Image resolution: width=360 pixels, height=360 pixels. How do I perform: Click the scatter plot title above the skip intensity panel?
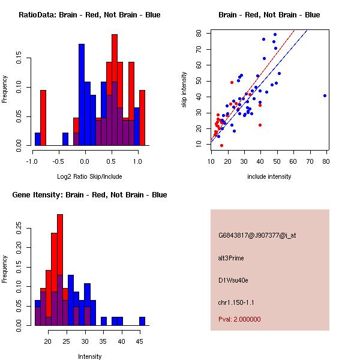[x=269, y=15]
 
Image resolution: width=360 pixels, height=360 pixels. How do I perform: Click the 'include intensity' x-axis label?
[x=269, y=176]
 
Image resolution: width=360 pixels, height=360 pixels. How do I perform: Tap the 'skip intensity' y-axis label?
[x=185, y=89]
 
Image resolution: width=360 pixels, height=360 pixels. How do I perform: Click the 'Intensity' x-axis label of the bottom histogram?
[x=89, y=356]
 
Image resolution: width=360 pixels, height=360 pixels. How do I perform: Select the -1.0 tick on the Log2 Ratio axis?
[x=32, y=161]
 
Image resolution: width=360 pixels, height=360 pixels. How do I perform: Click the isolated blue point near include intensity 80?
[x=325, y=95]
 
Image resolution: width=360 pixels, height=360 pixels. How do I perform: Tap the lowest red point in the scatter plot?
[x=221, y=145]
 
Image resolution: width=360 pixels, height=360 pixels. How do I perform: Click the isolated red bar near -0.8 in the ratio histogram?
[x=43, y=118]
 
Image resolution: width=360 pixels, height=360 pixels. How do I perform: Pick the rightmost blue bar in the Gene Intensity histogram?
[x=142, y=321]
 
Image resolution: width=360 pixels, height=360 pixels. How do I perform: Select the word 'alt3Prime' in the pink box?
[x=232, y=257]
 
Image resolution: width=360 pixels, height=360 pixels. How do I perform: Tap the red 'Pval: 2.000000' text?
[x=239, y=320]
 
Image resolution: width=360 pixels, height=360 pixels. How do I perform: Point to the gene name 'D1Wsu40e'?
[x=233, y=280]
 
